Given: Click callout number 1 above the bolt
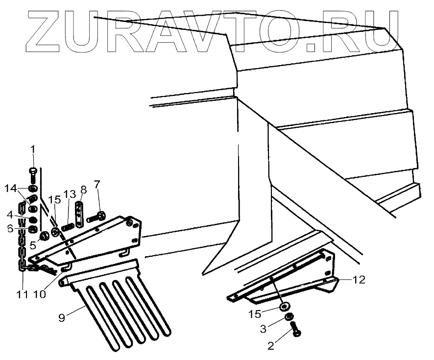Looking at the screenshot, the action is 33,149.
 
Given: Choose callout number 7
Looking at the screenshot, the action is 96,185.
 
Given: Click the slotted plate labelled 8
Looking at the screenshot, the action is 78,211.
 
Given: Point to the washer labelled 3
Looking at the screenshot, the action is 289,317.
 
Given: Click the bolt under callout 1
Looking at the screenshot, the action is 33,173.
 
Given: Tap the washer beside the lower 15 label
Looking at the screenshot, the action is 284,307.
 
